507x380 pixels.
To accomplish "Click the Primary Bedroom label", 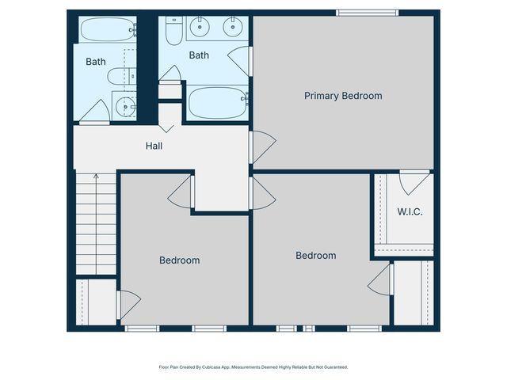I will pyautogui.click(x=343, y=96).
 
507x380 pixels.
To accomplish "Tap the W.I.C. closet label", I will pyautogui.click(x=410, y=211).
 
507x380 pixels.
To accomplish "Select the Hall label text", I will pyautogui.click(x=154, y=146).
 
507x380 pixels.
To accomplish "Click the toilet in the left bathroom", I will pyautogui.click(x=119, y=77).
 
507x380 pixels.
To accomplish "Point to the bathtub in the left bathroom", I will pyautogui.click(x=109, y=30).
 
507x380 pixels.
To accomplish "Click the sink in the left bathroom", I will pyautogui.click(x=124, y=105).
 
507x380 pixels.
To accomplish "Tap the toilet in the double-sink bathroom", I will pyautogui.click(x=173, y=29).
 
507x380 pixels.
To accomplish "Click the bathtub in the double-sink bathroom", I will pyautogui.click(x=217, y=102).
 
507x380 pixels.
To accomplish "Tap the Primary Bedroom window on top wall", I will pyautogui.click(x=367, y=12).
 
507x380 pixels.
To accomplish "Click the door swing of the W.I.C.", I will pyautogui.click(x=414, y=183).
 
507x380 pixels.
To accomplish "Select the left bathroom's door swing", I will pyautogui.click(x=97, y=112).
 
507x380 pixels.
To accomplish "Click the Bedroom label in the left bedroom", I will pyautogui.click(x=179, y=260).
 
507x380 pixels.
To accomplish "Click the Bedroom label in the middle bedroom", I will pyautogui.click(x=315, y=255).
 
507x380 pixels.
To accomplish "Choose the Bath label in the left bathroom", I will pyautogui.click(x=96, y=61).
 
